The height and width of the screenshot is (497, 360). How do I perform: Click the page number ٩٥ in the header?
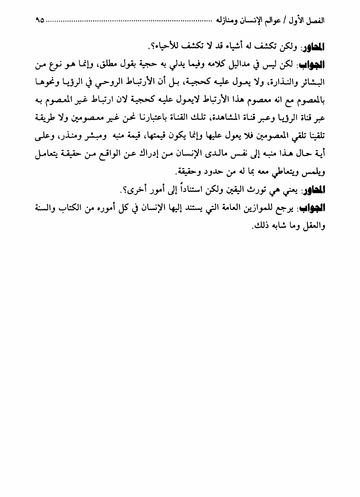coord(40,19)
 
